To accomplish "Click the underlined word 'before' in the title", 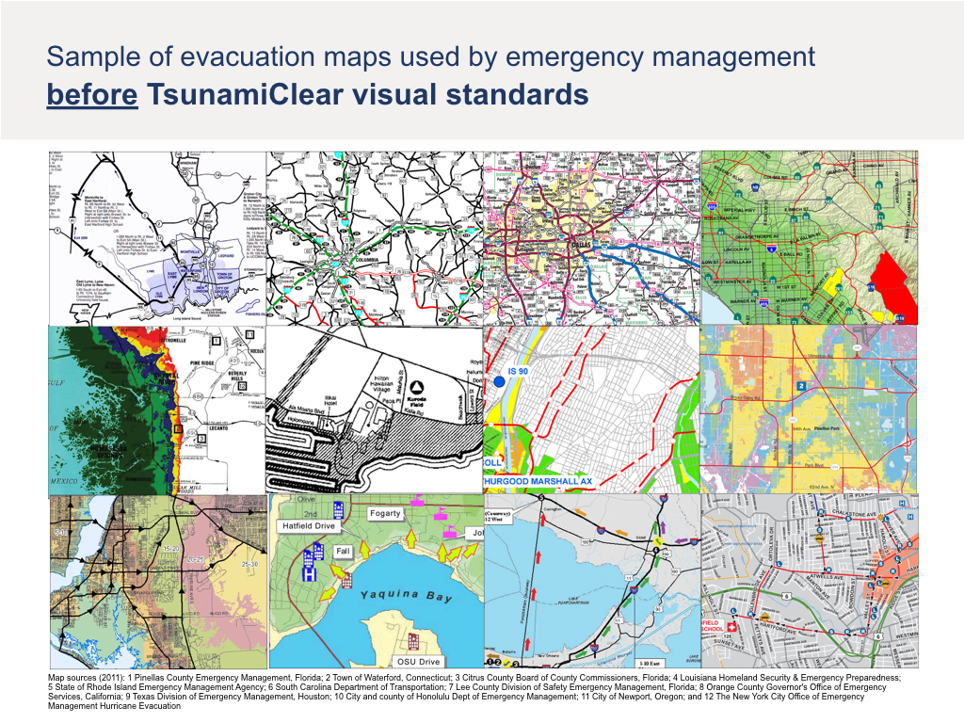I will pos(92,95).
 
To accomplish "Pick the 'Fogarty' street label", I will pos(384,513).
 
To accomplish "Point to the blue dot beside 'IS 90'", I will pos(497,381).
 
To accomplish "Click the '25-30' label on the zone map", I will pos(250,564).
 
